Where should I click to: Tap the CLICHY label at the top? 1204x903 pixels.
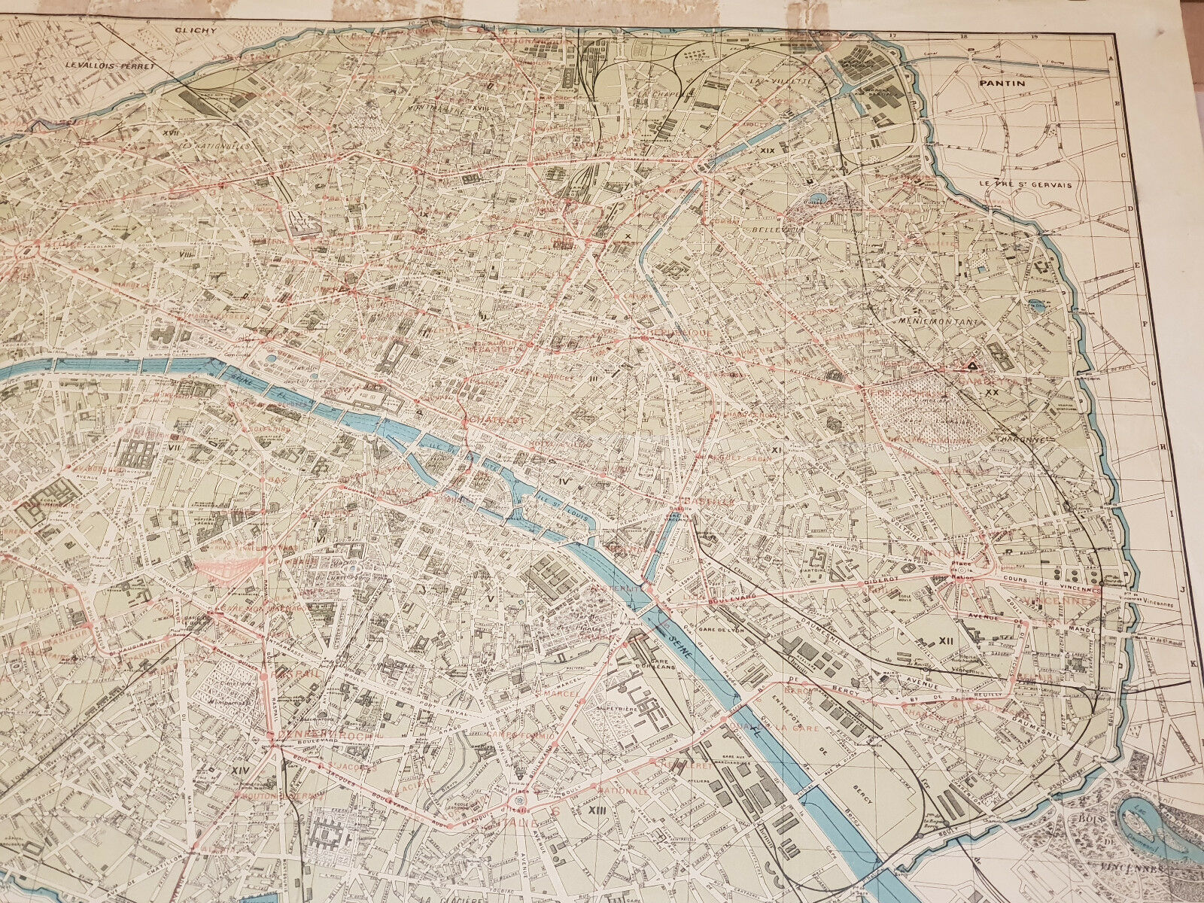(x=195, y=32)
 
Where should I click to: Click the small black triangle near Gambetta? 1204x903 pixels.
(x=971, y=366)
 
